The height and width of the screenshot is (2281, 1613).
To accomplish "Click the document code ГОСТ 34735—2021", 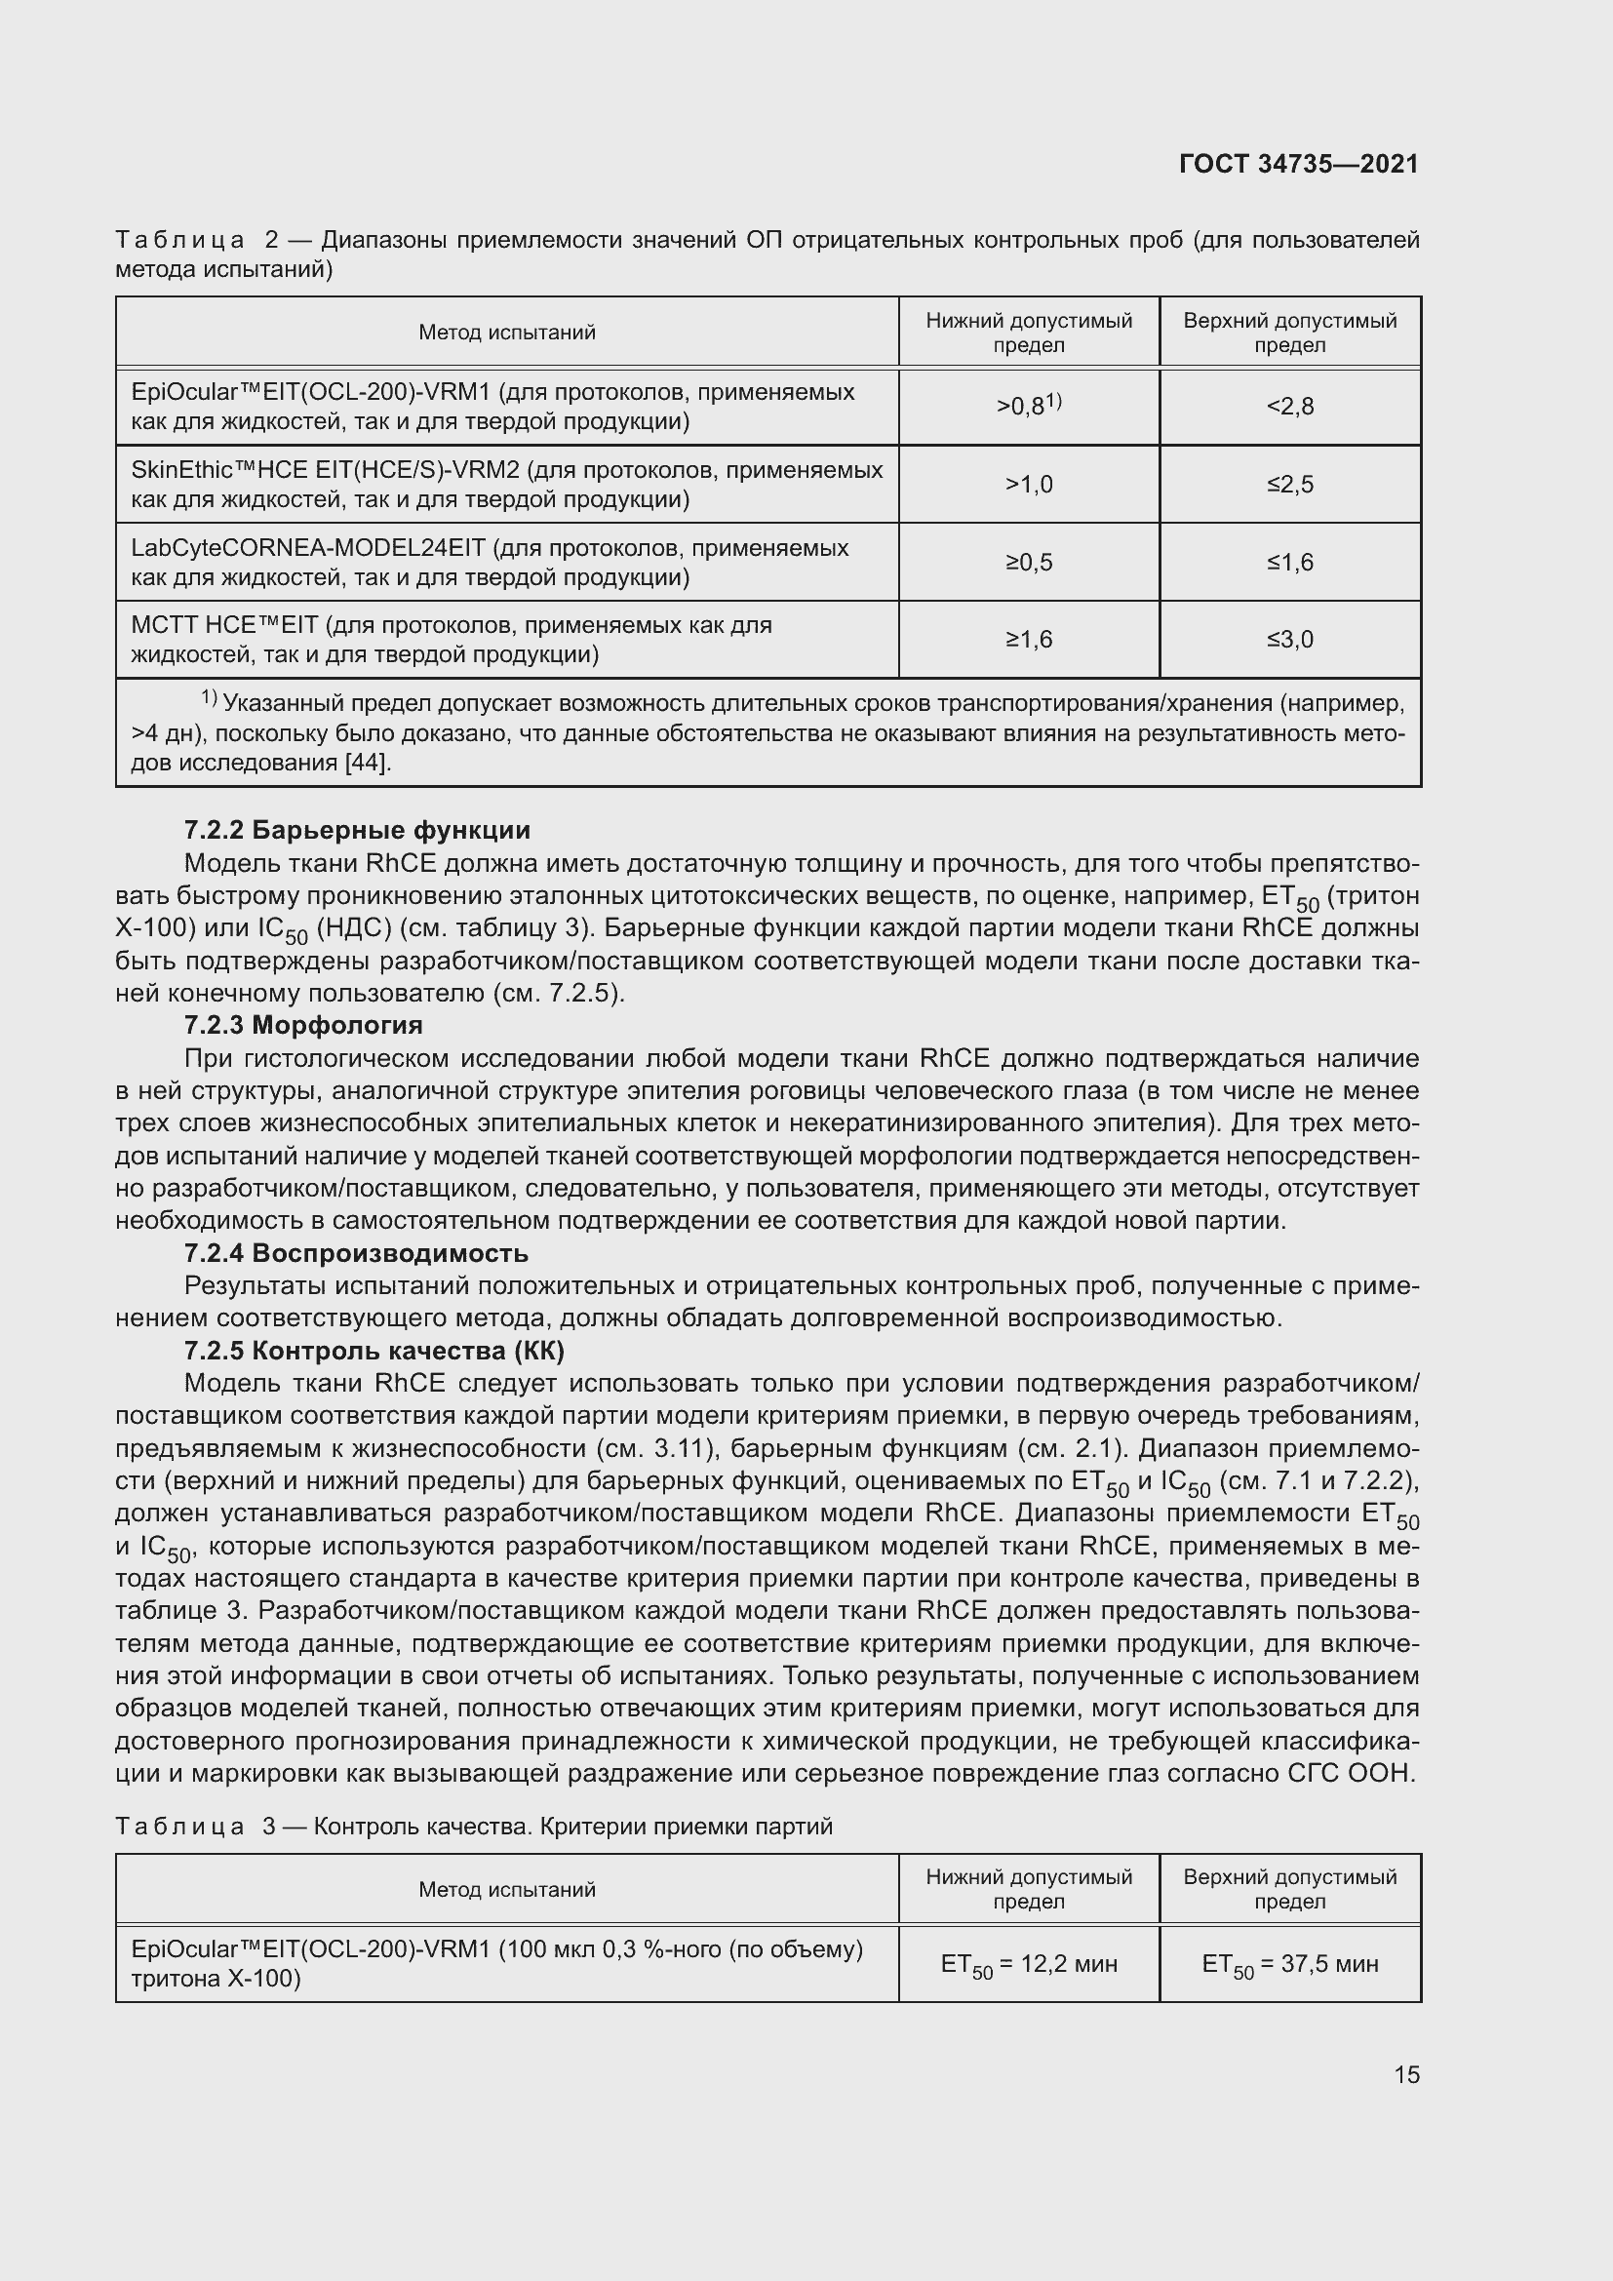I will pos(1298,164).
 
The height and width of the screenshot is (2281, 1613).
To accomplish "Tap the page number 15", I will pos(1406,2074).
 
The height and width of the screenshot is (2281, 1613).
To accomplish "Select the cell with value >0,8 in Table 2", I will pos(1028,406).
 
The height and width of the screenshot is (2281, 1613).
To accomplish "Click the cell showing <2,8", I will pos(1289,407).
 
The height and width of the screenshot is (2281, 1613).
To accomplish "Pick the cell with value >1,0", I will pos(1028,484).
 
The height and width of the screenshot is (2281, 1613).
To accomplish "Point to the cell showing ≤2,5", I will pos(1289,484).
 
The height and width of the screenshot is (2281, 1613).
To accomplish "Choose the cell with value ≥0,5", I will pos(1028,563).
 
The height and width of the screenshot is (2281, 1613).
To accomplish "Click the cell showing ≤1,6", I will pos(1289,563).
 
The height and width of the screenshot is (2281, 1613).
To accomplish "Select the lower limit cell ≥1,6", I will pos(1028,639).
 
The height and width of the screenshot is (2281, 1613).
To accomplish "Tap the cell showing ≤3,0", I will pos(1289,639).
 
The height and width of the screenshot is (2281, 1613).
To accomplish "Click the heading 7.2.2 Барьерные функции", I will pos(358,830).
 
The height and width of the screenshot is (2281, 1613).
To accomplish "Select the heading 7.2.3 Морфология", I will pos(303,1024).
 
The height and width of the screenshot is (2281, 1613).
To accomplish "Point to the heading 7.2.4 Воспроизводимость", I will pos(356,1253).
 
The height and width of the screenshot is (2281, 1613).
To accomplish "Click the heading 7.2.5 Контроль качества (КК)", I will pos(374,1350).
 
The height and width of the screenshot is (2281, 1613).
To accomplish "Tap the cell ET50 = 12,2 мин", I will pos(1028,1964).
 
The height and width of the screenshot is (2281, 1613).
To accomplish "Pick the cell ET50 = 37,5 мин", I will pos(1289,1964).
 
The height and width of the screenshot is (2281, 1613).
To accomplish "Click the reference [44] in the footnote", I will pos(367,763).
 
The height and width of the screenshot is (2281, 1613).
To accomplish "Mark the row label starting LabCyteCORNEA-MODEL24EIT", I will pos(490,563).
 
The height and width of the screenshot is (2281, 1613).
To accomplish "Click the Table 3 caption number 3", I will pos(269,1826).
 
